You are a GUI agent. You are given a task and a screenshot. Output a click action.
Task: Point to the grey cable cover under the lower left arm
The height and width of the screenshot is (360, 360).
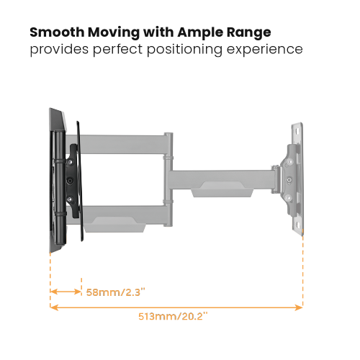(x=115, y=228)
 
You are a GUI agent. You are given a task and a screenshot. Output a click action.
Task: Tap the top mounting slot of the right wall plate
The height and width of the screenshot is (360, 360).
(x=297, y=132)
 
